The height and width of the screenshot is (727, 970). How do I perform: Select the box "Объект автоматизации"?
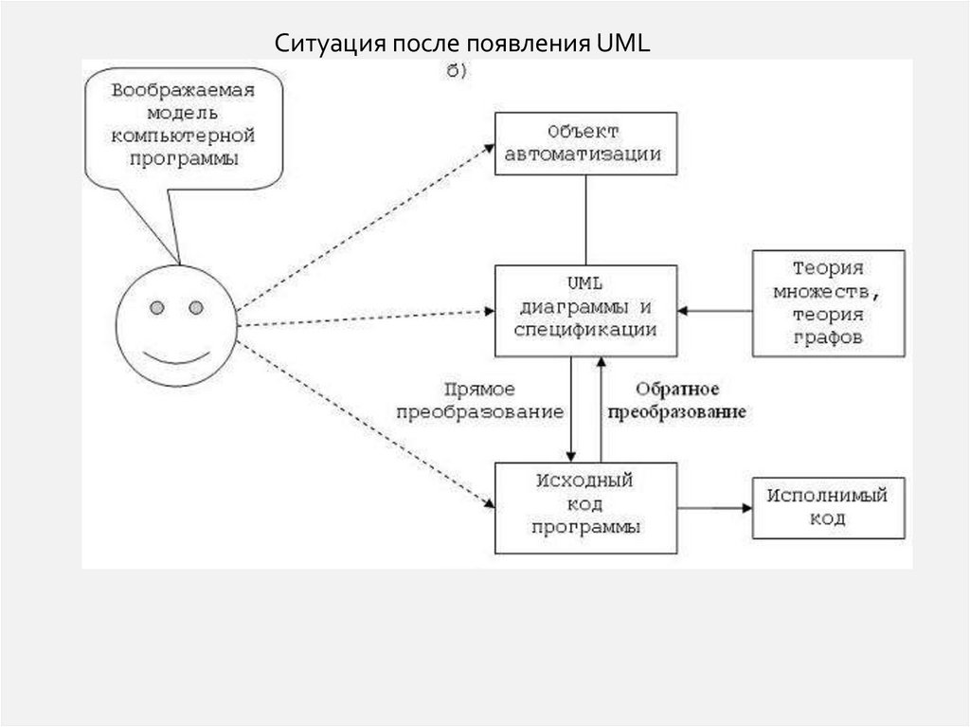tap(584, 143)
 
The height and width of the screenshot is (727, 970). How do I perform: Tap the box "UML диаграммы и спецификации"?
tap(584, 310)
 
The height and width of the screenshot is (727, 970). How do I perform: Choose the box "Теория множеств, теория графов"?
tap(828, 302)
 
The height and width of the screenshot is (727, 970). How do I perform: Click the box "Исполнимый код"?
tap(827, 507)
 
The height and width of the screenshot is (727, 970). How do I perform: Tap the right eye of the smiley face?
tap(195, 307)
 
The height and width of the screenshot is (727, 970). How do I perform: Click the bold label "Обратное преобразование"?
tap(675, 401)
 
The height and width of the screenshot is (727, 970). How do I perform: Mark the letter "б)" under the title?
tap(456, 71)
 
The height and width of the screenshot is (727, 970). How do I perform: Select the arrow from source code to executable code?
tap(715, 508)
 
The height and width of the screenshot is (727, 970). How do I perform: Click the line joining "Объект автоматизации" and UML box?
tap(584, 220)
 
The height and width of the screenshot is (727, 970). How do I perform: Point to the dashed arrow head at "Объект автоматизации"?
tap(490, 145)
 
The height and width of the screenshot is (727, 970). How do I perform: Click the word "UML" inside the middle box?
tap(584, 284)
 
